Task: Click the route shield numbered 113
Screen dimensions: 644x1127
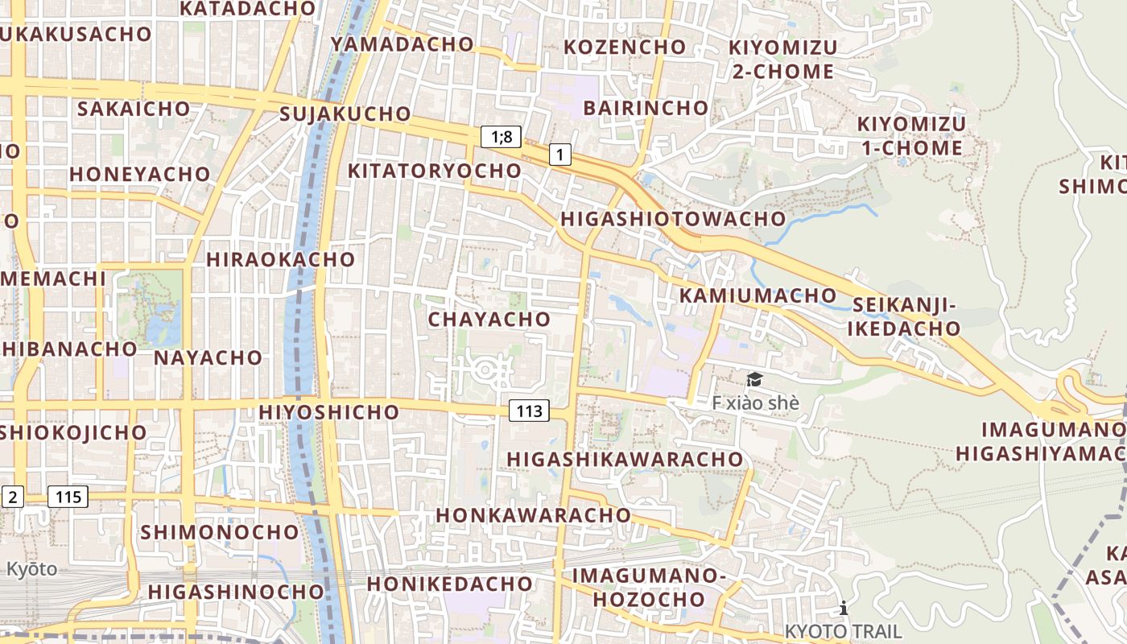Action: point(529,411)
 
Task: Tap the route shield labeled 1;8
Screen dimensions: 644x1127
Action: point(502,137)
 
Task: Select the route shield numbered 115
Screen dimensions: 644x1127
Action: point(68,497)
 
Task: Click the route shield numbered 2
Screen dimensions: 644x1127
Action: point(12,497)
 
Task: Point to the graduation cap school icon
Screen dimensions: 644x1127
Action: point(754,380)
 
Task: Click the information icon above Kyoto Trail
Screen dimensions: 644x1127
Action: point(843,608)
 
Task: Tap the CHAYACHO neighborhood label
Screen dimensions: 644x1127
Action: point(489,319)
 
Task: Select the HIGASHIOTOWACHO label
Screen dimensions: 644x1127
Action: point(672,218)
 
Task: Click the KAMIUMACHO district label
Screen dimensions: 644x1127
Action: point(758,295)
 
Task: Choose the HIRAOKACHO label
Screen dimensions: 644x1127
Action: point(280,259)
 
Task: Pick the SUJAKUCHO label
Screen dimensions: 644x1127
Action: point(345,114)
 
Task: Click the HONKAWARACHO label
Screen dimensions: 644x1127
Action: point(533,514)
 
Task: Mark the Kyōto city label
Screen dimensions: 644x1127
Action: point(32,569)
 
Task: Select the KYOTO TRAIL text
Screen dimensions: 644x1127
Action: point(843,630)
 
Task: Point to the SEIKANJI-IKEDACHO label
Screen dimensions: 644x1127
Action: point(904,316)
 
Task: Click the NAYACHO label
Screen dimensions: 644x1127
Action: point(208,357)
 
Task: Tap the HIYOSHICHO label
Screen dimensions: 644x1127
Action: point(328,412)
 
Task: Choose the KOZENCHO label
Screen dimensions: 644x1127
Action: point(624,47)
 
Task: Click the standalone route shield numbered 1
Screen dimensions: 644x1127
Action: point(560,154)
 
